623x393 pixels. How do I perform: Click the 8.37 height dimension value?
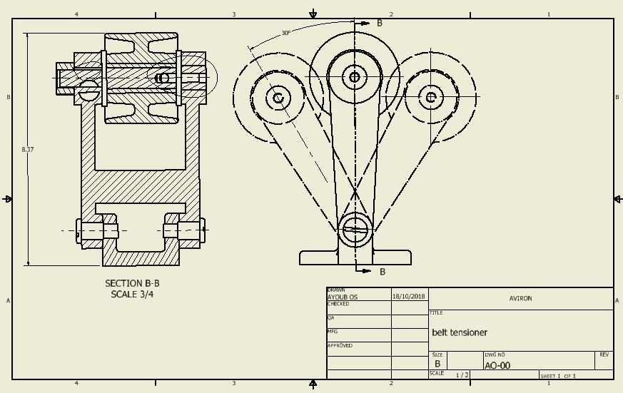pyautogui.click(x=28, y=149)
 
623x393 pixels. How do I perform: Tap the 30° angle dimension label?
pyautogui.click(x=285, y=33)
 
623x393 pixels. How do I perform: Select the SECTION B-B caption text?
pyautogui.click(x=132, y=283)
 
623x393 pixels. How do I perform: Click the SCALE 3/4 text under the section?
pyautogui.click(x=132, y=294)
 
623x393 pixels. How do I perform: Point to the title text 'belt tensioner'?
pyautogui.click(x=460, y=332)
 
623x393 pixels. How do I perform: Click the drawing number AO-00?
pyautogui.click(x=497, y=366)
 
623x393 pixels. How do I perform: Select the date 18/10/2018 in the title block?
pyautogui.click(x=408, y=296)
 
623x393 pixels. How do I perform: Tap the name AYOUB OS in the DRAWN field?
pyautogui.click(x=343, y=297)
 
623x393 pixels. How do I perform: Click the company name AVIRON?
pyautogui.click(x=520, y=298)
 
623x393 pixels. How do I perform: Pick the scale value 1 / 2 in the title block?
pyautogui.click(x=462, y=375)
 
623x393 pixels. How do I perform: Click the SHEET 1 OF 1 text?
pyautogui.click(x=557, y=376)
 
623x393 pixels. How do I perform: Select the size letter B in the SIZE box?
pyautogui.click(x=437, y=364)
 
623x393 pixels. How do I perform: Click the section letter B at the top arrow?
pyautogui.click(x=380, y=23)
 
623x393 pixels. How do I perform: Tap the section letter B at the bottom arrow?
pyautogui.click(x=383, y=272)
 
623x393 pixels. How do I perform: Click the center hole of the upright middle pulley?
pyautogui.click(x=355, y=76)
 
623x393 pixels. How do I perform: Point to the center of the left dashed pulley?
pyautogui.click(x=278, y=98)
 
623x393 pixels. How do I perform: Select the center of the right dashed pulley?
pyautogui.click(x=431, y=97)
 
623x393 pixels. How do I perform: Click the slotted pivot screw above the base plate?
pyautogui.click(x=355, y=229)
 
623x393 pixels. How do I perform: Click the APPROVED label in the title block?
pyautogui.click(x=340, y=345)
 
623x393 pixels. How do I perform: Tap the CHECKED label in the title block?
pyautogui.click(x=338, y=304)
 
